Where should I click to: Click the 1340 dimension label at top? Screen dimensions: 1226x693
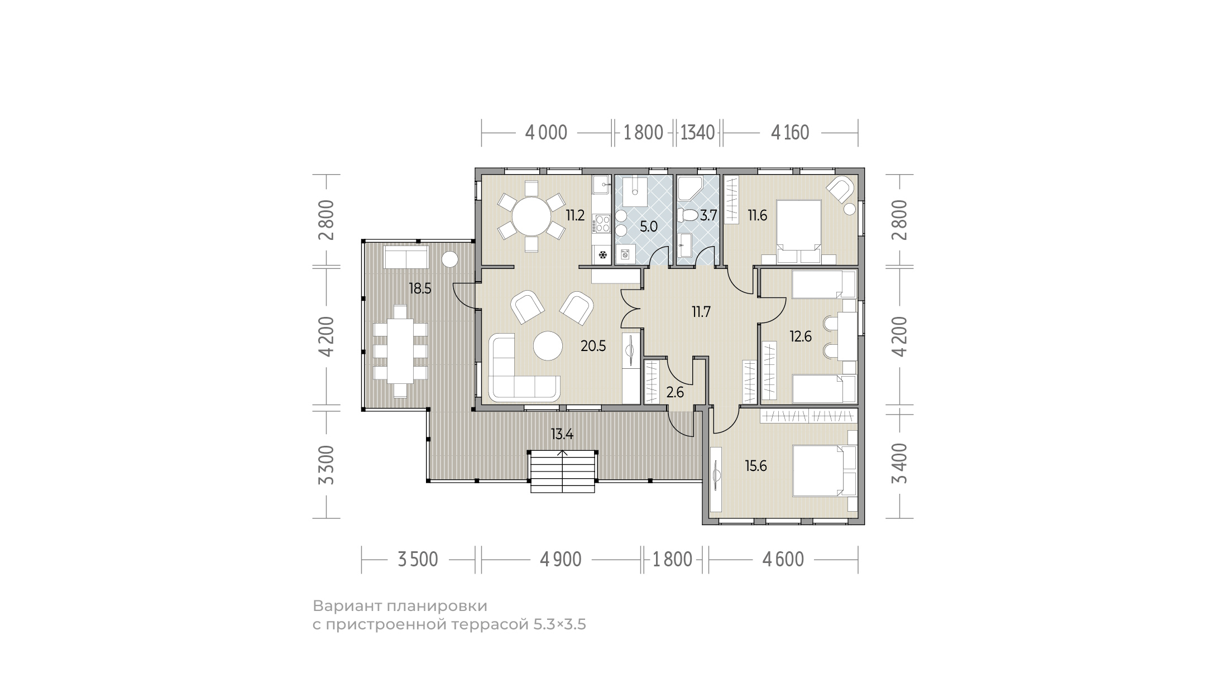point(698,133)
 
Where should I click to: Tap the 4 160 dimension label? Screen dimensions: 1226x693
point(790,133)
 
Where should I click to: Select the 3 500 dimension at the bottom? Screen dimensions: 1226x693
point(418,559)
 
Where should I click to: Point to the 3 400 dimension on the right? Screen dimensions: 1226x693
point(900,464)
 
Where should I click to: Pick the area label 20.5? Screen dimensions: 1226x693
point(593,346)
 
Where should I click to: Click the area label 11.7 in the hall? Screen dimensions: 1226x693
point(701,312)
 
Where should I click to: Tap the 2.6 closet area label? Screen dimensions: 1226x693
point(675,392)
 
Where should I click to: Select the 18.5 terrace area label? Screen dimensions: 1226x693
point(420,289)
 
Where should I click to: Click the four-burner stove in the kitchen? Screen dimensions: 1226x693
point(603,224)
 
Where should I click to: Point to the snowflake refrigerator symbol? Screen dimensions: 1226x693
point(603,256)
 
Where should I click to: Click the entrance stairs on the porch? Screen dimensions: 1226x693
point(562,472)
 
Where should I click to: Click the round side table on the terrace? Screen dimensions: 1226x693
point(449,260)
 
